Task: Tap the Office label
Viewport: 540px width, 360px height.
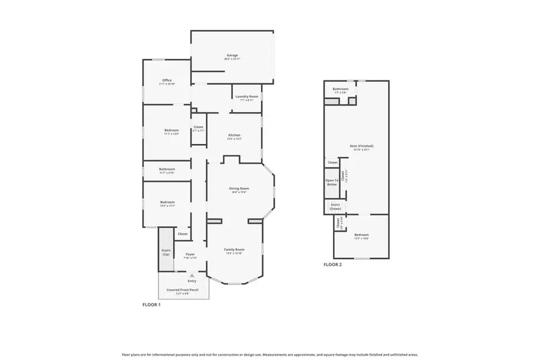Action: [x=167, y=80]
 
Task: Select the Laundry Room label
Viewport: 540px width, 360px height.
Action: [x=247, y=97]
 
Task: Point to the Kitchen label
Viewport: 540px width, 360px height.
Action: [x=234, y=135]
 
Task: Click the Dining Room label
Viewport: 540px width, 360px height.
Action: [x=239, y=188]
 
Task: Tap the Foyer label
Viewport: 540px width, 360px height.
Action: [x=190, y=254]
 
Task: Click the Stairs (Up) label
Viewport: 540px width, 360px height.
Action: [x=166, y=252]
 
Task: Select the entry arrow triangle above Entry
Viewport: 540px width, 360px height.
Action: [x=192, y=275]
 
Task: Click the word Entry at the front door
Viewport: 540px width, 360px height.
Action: [x=192, y=281]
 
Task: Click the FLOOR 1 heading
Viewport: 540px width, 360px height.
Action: [x=151, y=305]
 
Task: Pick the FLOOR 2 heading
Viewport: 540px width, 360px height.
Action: [x=332, y=265]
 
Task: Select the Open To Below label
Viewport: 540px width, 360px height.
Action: [x=332, y=182]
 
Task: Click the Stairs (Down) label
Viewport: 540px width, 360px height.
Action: [x=335, y=206]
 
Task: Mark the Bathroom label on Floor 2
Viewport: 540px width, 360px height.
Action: [x=341, y=89]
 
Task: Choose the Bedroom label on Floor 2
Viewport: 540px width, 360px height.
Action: [x=361, y=235]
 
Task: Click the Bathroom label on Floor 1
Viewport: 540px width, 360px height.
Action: [x=167, y=169]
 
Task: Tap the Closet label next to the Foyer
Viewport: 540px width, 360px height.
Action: [x=182, y=234]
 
